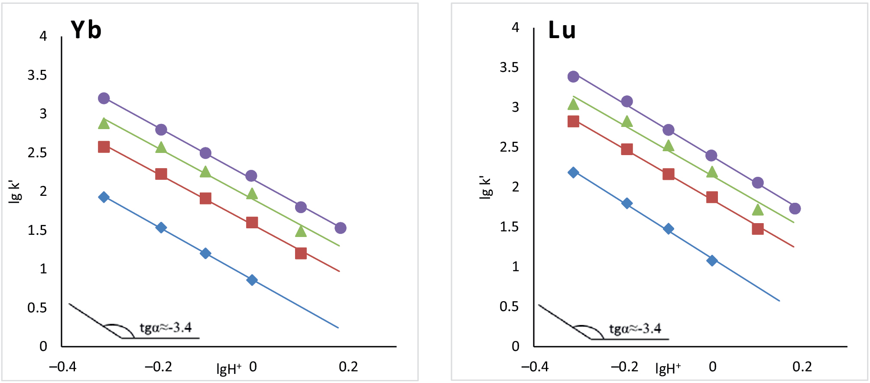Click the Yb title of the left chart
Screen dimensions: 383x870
coord(86,30)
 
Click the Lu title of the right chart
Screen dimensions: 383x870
coord(562,30)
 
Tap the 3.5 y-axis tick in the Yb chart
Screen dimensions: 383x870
coord(37,75)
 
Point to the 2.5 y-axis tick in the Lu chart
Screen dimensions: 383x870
coord(509,147)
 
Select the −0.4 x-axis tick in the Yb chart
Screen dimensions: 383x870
coord(63,367)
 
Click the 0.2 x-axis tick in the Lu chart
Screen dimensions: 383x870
coord(802,367)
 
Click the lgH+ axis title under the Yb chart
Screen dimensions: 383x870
coord(229,369)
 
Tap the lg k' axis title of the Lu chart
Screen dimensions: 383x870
coord(485,187)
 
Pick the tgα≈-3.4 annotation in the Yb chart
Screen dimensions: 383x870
coord(166,328)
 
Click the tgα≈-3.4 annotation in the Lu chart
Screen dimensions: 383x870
coord(635,329)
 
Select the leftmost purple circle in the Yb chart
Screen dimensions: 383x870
coord(104,98)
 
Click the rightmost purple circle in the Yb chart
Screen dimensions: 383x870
coord(341,228)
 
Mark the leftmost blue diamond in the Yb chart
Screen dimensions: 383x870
coord(104,197)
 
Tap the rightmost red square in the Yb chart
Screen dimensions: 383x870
coord(301,253)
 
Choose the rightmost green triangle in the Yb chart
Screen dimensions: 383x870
coord(301,231)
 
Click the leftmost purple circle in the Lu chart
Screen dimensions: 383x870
coord(573,77)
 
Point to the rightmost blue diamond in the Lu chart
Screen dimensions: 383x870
coord(712,260)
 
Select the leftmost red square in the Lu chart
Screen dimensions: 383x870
coord(573,121)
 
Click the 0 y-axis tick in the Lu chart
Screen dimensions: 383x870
coord(515,346)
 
